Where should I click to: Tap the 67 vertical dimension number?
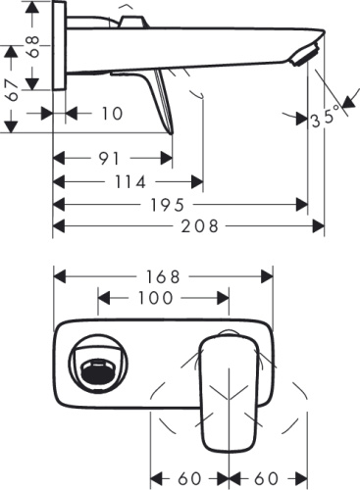point(14,93)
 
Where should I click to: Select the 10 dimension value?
point(111,114)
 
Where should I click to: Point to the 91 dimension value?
point(111,158)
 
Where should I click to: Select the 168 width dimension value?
point(163,276)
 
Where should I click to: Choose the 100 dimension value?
point(156,297)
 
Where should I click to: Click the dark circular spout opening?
point(96,369)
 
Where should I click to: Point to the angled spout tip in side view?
point(309,55)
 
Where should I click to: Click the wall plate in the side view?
point(59,47)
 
